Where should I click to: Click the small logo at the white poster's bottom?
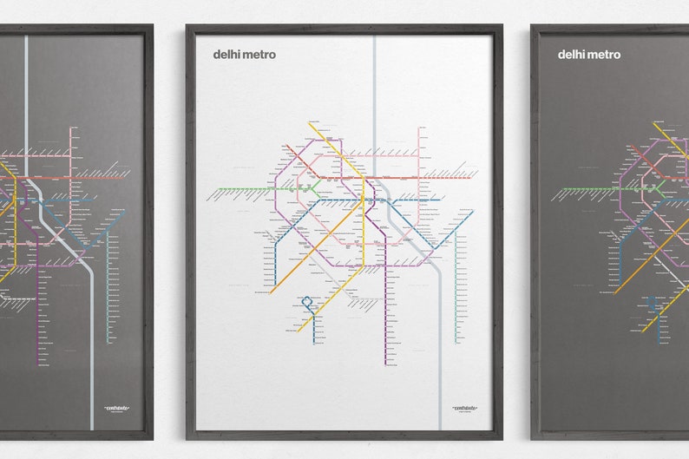tap(464, 406)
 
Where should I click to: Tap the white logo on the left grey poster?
tap(116, 406)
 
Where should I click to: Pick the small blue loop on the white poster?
tap(306, 303)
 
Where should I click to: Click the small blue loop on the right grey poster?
tap(653, 303)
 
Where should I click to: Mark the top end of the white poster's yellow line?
tap(309, 124)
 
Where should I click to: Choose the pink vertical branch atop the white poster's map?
tap(420, 152)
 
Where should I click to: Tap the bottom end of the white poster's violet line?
tap(385, 363)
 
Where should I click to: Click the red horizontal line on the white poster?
tap(382, 178)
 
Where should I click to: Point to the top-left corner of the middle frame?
tap(187, 26)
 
